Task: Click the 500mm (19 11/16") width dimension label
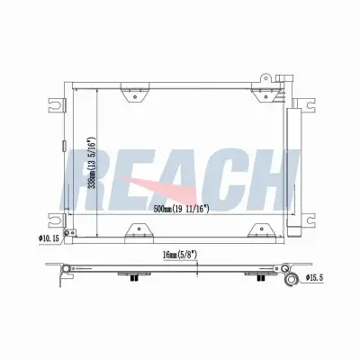point(181,209)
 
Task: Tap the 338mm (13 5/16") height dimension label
point(91,164)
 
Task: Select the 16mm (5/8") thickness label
point(179,255)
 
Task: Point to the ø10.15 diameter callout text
point(49,238)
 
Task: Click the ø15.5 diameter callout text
point(314,278)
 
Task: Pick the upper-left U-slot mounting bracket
point(57,105)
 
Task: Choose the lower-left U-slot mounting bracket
point(57,220)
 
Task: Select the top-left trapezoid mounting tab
point(135,93)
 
